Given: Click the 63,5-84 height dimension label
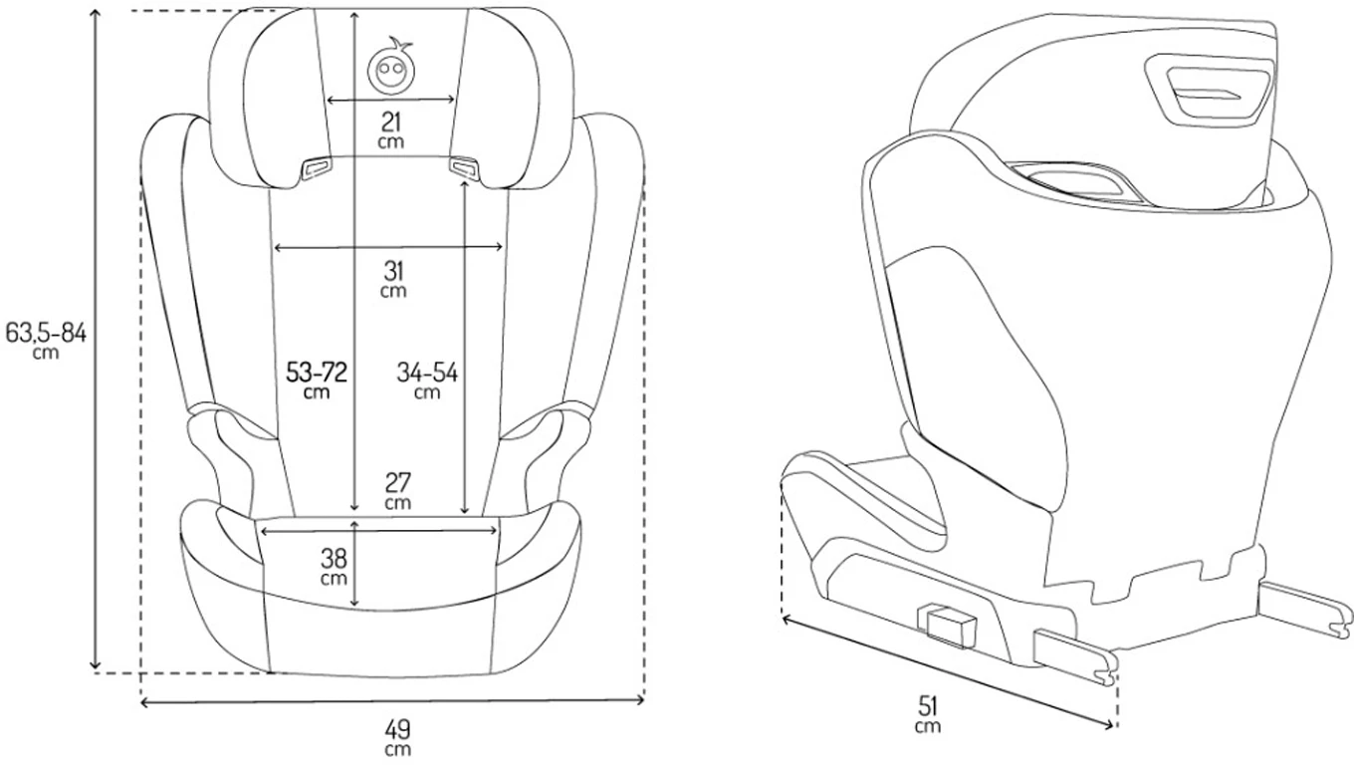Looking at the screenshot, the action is [x=46, y=340].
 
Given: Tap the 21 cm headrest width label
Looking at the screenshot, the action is [x=391, y=129].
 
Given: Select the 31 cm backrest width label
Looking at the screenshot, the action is [x=393, y=279].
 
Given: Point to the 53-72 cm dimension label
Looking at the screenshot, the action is [x=317, y=381].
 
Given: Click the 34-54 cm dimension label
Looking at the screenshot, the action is [x=427, y=381].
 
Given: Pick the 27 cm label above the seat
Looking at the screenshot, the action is [x=398, y=490].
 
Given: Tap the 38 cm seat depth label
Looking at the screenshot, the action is [x=334, y=566].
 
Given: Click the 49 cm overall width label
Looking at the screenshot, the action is [x=398, y=738].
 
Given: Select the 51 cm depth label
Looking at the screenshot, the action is [x=928, y=714].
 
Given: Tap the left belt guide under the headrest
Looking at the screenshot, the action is [x=317, y=167].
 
